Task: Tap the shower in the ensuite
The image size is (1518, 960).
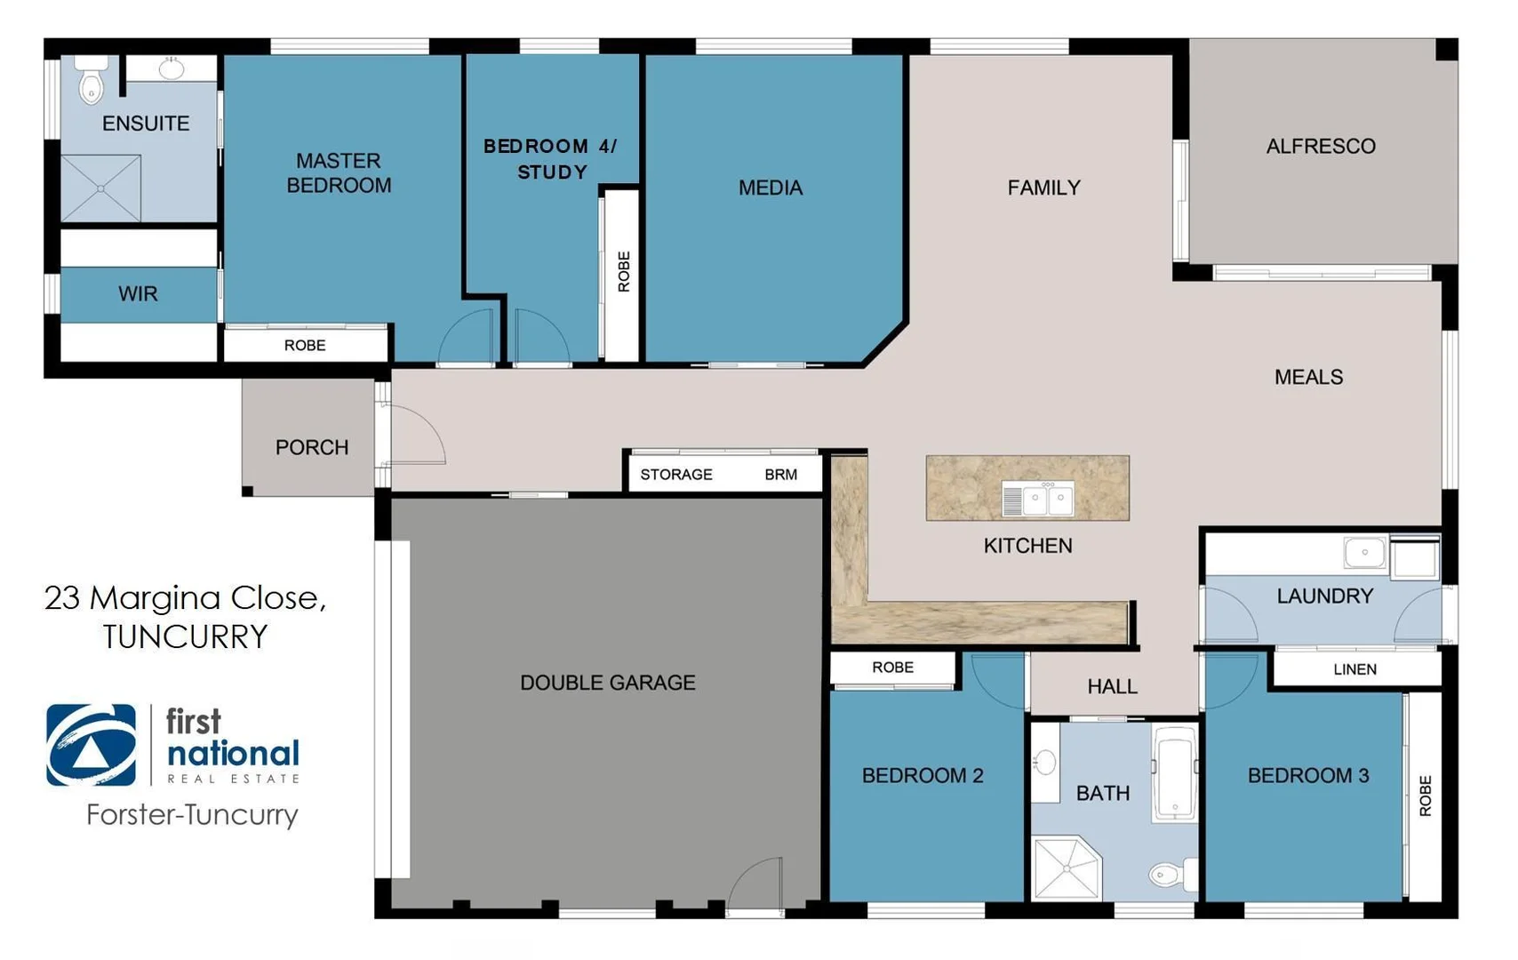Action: click(100, 188)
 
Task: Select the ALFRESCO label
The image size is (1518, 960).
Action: click(1320, 146)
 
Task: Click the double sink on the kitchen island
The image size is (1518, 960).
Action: click(1038, 499)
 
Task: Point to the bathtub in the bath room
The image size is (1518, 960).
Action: click(1174, 772)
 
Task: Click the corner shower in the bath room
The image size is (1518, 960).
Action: click(1066, 868)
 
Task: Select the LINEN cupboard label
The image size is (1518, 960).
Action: click(1354, 669)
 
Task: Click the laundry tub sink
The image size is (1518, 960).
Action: click(1364, 553)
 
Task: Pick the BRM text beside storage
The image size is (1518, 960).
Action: click(780, 475)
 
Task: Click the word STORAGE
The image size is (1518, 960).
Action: click(675, 475)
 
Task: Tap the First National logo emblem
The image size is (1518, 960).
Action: click(92, 745)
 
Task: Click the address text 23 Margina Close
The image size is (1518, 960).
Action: click(185, 598)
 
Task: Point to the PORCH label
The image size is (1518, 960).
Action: click(311, 447)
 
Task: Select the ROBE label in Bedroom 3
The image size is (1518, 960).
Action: click(1425, 796)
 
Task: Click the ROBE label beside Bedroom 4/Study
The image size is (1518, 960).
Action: click(623, 271)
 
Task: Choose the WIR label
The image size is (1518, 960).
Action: click(138, 294)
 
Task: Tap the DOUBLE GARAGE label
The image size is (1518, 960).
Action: click(607, 683)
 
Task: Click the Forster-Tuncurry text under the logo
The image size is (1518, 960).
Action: click(192, 814)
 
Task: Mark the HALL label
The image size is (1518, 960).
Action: click(1112, 686)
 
